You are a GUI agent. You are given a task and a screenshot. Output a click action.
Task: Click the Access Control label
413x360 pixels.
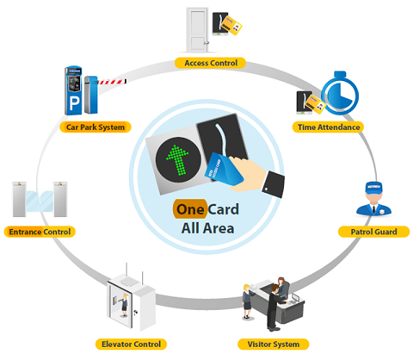(210, 63)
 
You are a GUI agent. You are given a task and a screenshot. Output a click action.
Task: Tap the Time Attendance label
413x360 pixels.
(328, 127)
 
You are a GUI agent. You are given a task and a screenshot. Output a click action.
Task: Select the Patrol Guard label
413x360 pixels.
(373, 232)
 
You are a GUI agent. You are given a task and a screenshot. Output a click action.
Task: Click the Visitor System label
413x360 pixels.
(274, 344)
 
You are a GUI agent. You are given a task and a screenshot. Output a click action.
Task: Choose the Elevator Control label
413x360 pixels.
(131, 344)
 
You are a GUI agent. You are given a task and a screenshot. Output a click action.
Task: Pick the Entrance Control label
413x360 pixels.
(40, 232)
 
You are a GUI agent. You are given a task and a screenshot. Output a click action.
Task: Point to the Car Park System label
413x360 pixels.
(96, 127)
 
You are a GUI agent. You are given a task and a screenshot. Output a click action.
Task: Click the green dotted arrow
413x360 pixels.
(177, 159)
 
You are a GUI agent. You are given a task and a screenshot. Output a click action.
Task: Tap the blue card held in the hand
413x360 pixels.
(224, 169)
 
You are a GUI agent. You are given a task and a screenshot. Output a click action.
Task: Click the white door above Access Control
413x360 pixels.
(197, 30)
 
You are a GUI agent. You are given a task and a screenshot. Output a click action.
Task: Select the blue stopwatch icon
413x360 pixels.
(340, 94)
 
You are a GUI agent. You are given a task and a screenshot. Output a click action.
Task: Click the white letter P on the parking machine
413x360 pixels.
(74, 104)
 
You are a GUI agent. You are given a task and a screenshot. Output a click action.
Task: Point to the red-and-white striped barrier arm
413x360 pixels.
(112, 82)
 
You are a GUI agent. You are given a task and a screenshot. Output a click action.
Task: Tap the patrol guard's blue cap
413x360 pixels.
(373, 187)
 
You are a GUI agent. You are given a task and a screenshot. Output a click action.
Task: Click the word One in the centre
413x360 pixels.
(190, 209)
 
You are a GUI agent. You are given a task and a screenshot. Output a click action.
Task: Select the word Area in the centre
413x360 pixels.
(219, 228)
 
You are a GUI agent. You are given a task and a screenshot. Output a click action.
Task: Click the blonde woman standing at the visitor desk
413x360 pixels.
(247, 301)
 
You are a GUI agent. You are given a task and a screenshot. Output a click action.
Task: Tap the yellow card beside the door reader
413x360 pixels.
(232, 26)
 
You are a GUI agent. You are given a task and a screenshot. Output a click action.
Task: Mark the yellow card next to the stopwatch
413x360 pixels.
(315, 104)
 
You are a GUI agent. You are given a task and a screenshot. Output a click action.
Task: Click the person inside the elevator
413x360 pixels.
(124, 305)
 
